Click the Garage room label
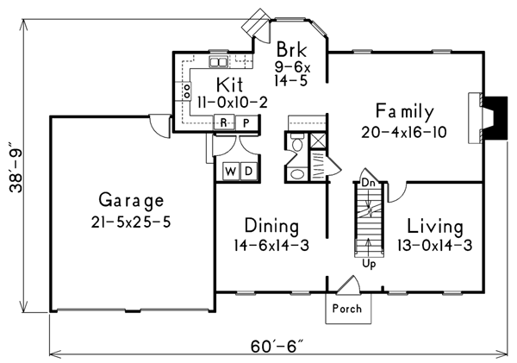tap(131, 200)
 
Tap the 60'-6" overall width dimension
tap(277, 346)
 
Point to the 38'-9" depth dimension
tap(16, 167)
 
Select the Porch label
tap(347, 309)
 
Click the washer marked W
tap(230, 172)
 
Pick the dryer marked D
tap(249, 172)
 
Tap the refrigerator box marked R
tap(223, 122)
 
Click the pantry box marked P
tap(246, 122)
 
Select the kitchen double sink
tap(218, 62)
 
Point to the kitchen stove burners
tap(186, 91)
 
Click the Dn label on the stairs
tap(368, 183)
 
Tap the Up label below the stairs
tap(369, 264)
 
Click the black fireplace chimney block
tap(495, 118)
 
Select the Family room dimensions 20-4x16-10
tap(404, 133)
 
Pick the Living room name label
tap(435, 227)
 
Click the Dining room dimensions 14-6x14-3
tap(271, 246)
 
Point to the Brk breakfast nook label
tap(291, 49)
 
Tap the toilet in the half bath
tap(297, 142)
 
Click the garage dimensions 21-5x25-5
tap(131, 222)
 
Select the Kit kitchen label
tap(229, 84)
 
